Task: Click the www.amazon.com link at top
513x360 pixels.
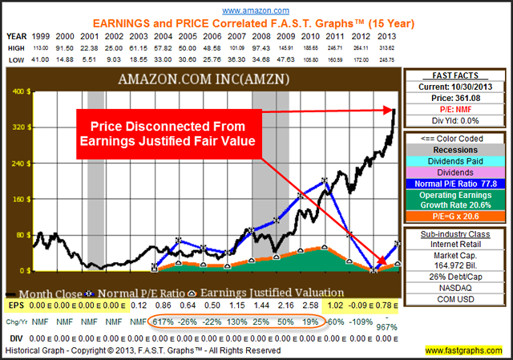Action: pos(256,10)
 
